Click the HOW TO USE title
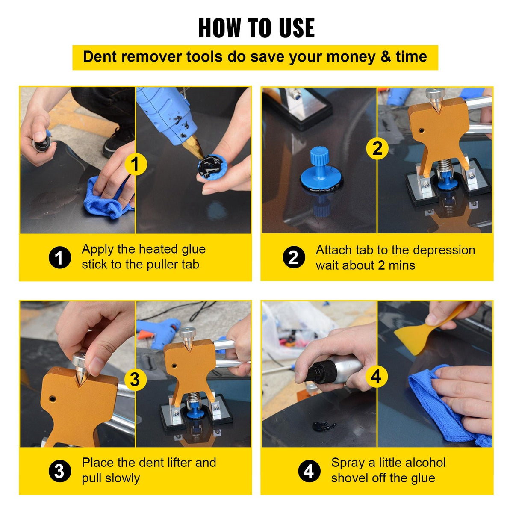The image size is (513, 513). coord(256,28)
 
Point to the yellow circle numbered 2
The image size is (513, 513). coord(377,148)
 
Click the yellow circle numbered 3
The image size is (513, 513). coord(135,379)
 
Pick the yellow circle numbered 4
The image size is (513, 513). coord(376,376)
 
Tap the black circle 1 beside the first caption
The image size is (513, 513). coord(59,257)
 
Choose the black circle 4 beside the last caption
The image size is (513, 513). coord(309,471)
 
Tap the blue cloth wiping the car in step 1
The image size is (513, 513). coord(105,199)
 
